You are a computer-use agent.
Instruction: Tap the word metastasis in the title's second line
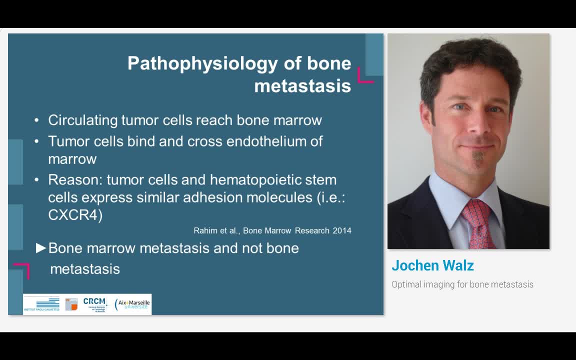pos(302,85)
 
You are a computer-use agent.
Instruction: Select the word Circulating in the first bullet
pos(83,120)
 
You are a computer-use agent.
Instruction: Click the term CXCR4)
pos(75,214)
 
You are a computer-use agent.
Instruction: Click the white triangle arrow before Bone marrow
pos(41,248)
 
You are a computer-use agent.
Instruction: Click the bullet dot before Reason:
pos(36,179)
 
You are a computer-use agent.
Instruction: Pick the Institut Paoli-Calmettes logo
pos(41,304)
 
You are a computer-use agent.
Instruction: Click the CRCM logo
pos(94,303)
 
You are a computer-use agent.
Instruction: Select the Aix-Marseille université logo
pos(132,304)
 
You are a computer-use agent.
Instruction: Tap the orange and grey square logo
pos(71,304)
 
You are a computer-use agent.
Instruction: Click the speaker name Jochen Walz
pos(432,265)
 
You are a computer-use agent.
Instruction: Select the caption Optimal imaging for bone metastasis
pos(462,284)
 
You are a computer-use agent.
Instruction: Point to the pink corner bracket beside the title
pos(365,75)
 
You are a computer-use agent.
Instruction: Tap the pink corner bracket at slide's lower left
pos(22,270)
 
